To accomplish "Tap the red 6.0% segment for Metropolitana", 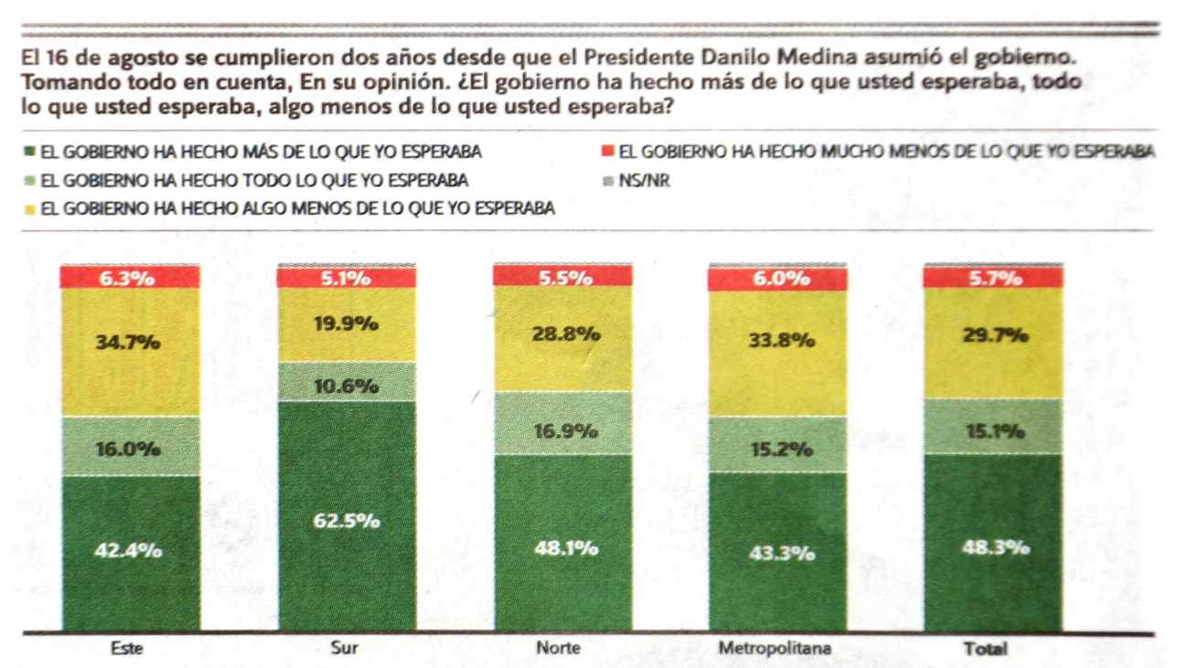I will (777, 279).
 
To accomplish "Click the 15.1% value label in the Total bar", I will (994, 430).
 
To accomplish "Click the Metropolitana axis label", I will (775, 649).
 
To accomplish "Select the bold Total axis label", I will (985, 649).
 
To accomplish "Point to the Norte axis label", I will (558, 649).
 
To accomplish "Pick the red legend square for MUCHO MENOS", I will (606, 151).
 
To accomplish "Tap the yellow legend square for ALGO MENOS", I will (30, 209).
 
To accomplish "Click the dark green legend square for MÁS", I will (30, 151).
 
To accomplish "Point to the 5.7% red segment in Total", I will (994, 278).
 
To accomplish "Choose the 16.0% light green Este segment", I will (129, 447).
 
